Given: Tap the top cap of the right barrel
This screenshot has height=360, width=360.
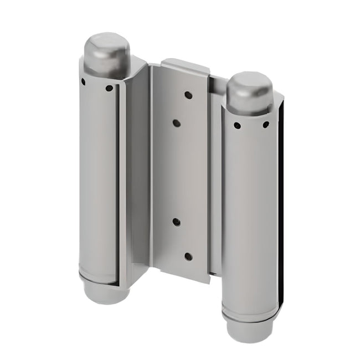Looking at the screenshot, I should pyautogui.click(x=249, y=91).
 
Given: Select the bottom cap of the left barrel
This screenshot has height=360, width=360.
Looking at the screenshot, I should pyautogui.click(x=105, y=292).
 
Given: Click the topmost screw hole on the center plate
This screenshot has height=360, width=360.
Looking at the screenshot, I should pyautogui.click(x=188, y=95).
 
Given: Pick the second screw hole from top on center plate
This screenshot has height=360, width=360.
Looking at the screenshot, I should pyautogui.click(x=176, y=123).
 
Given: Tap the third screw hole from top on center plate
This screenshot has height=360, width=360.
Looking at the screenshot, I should pyautogui.click(x=176, y=222).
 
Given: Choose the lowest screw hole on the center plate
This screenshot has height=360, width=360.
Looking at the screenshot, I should pyautogui.click(x=188, y=256).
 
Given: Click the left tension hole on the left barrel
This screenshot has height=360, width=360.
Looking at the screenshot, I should pyautogui.click(x=83, y=81).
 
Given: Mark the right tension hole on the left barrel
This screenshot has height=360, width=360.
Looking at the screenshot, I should pyautogui.click(x=109, y=88).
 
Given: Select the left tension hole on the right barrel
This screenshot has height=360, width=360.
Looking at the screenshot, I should pyautogui.click(x=237, y=125).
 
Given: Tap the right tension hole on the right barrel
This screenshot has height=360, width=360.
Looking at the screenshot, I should pyautogui.click(x=265, y=125).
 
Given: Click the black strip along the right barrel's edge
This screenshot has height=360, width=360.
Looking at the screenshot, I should pyautogui.click(x=282, y=210).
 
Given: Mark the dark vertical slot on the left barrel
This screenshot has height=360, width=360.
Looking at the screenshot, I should pyautogui.click(x=117, y=183).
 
